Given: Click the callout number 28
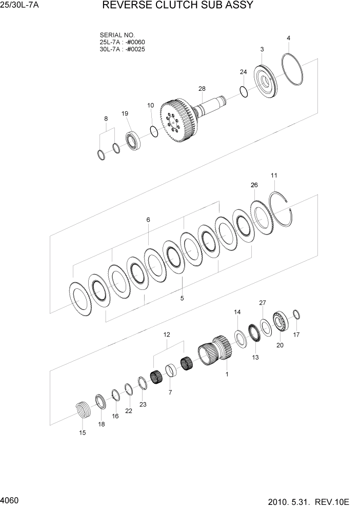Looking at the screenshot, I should (202, 89).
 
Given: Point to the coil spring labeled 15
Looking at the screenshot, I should (83, 410).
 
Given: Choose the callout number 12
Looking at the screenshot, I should (167, 334).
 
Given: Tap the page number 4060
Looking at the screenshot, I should (10, 499).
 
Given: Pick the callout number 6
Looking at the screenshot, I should (148, 220).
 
